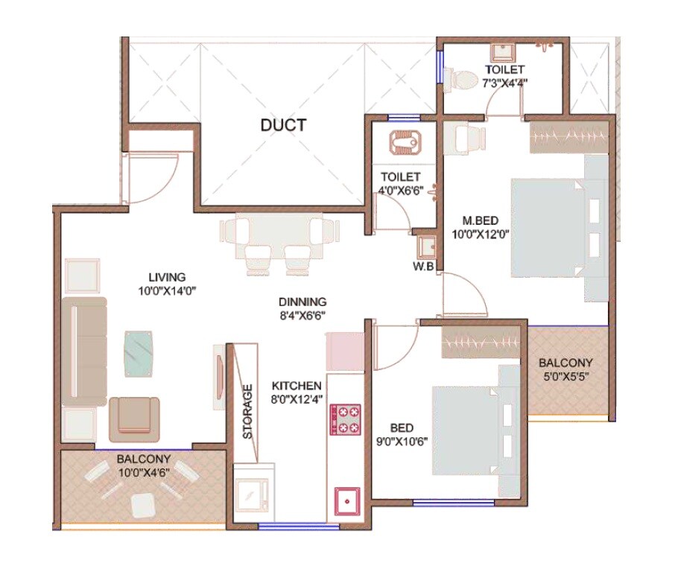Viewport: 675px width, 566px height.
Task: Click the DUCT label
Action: (283, 125)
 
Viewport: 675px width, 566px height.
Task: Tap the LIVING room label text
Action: (166, 277)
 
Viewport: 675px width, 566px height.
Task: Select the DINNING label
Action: (302, 302)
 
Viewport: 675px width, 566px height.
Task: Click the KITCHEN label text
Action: (297, 386)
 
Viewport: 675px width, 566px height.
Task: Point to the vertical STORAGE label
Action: (247, 411)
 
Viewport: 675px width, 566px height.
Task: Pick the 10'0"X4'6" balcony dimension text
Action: (144, 472)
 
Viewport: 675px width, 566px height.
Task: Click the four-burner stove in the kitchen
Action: (346, 419)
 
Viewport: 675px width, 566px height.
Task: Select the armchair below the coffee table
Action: (134, 418)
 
